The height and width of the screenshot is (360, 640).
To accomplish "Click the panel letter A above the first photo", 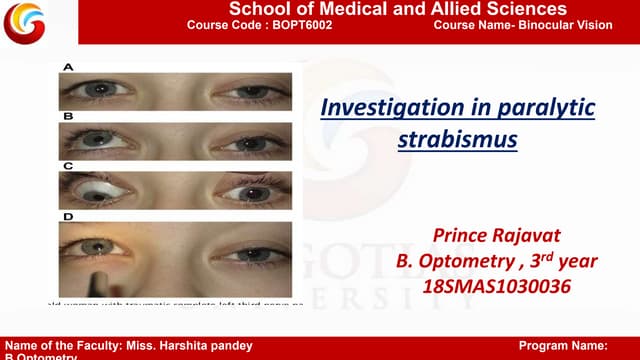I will [x=68, y=67].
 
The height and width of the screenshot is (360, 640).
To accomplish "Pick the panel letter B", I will [x=68, y=117].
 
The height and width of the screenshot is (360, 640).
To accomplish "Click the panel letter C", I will [x=68, y=165].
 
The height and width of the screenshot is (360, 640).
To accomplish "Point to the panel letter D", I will [x=68, y=215].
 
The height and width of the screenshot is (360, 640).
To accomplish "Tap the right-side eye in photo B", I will [x=249, y=142].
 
